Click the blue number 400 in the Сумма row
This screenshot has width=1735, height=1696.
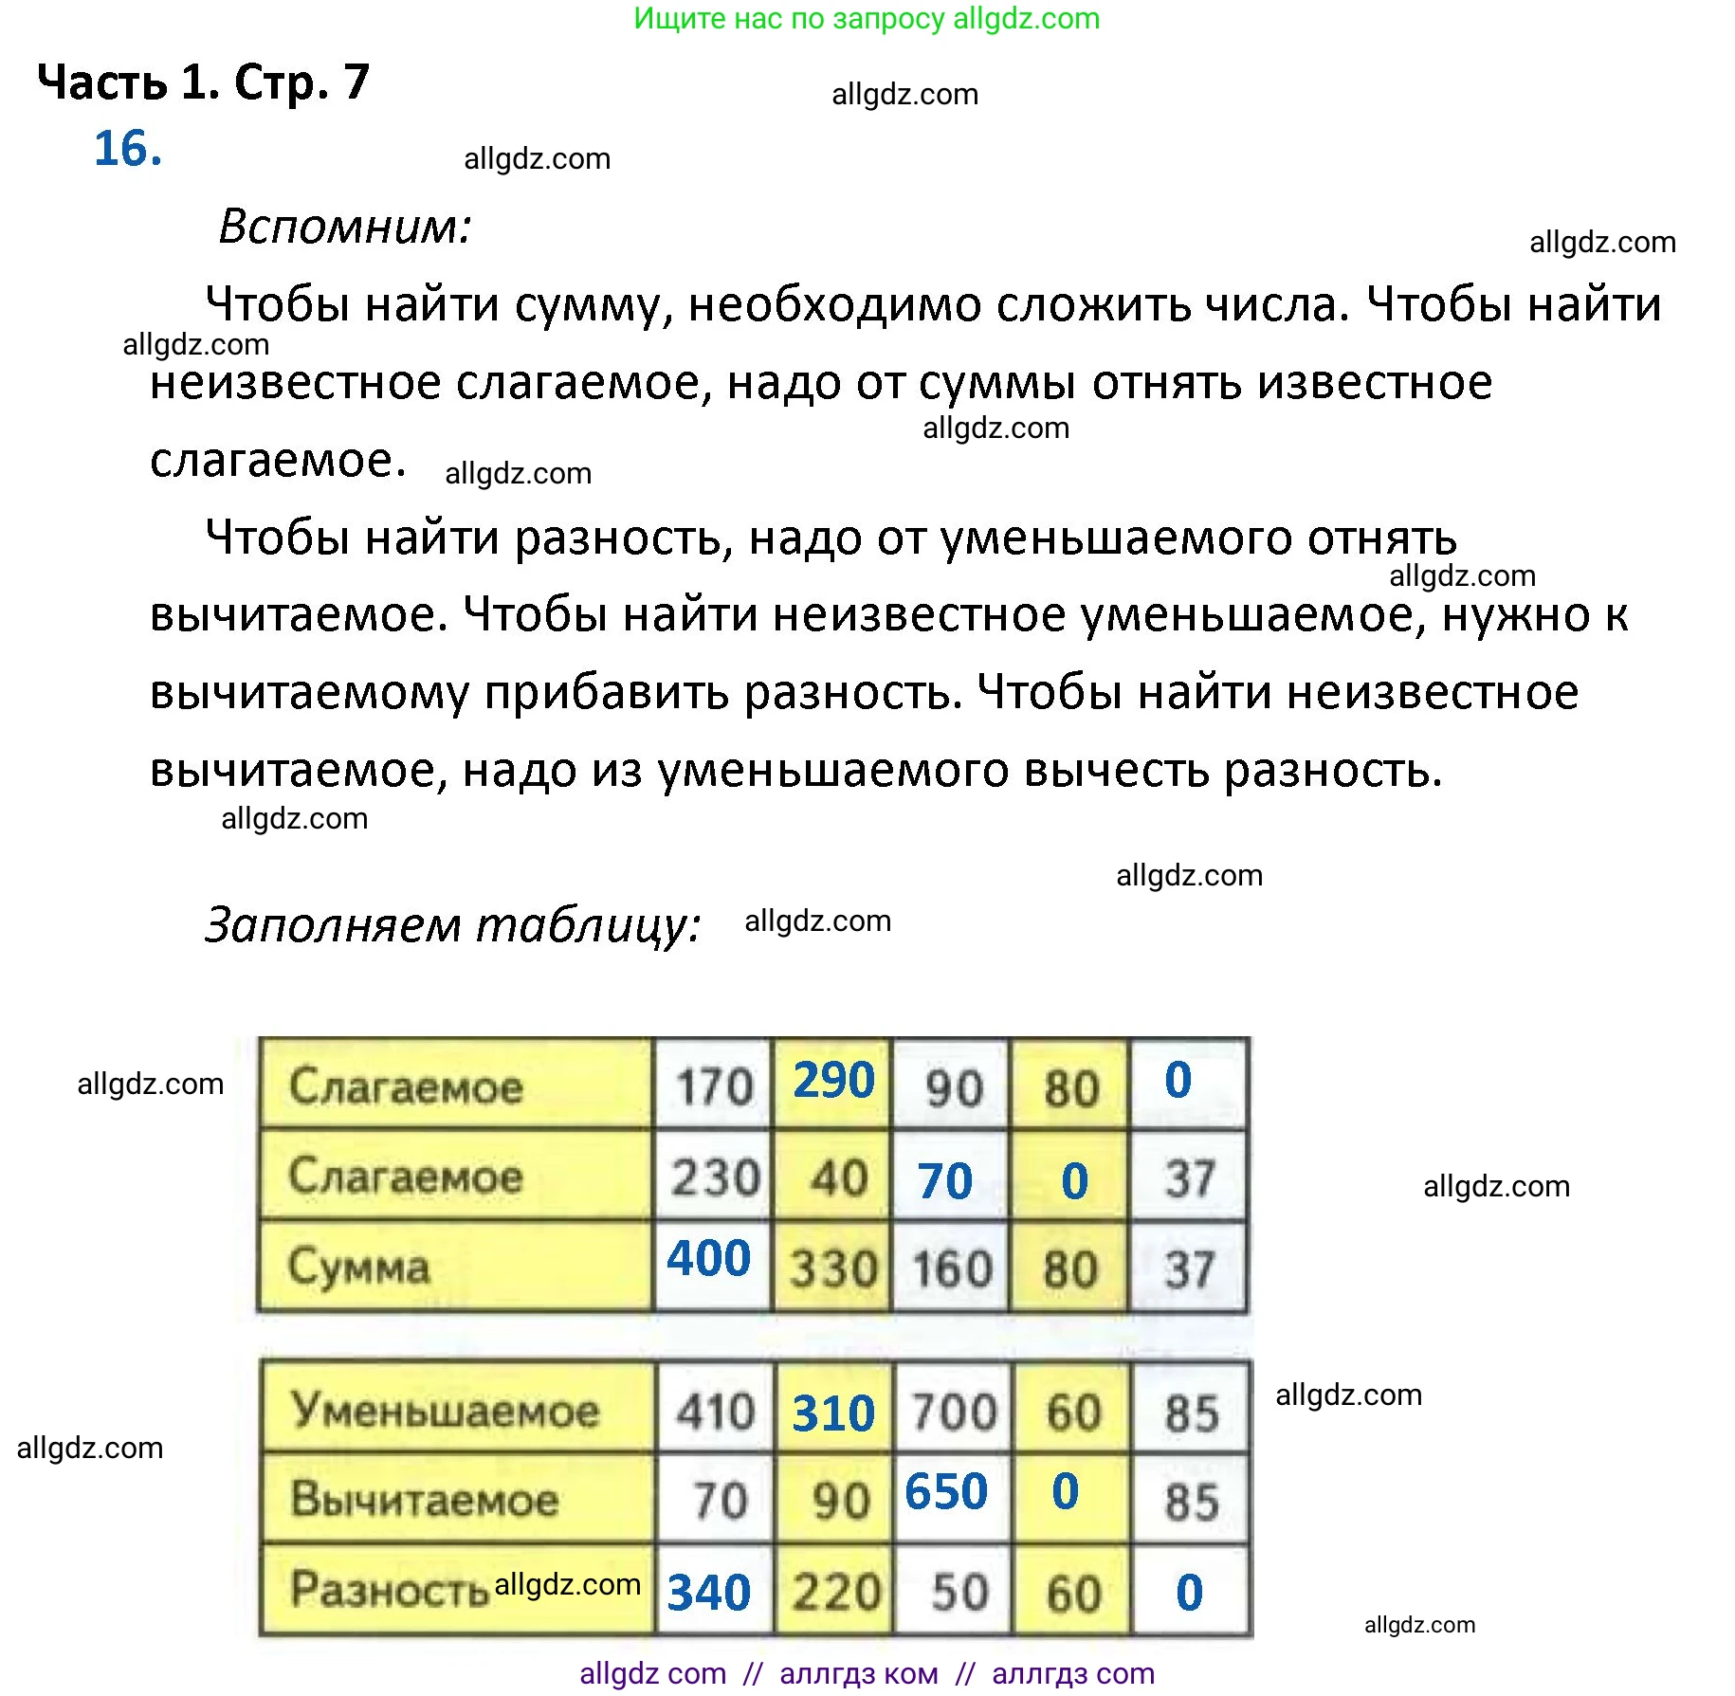point(708,1259)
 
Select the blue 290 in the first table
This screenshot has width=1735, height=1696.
point(833,1081)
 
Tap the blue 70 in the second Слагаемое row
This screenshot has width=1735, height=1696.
point(944,1181)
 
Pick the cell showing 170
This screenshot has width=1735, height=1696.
point(714,1086)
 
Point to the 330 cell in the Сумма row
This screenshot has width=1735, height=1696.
point(833,1268)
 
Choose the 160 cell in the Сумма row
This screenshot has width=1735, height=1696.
point(951,1268)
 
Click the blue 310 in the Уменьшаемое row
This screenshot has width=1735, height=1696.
point(833,1413)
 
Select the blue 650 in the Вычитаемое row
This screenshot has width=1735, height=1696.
point(945,1492)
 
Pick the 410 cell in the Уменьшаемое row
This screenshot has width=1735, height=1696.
point(715,1412)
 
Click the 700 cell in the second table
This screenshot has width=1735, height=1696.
point(953,1412)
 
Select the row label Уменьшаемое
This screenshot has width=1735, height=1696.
point(445,1410)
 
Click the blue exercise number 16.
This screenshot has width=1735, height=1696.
point(128,149)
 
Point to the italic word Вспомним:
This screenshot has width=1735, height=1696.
point(345,227)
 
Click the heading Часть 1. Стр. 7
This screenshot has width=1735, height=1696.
point(203,82)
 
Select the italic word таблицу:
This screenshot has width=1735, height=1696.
point(588,925)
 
